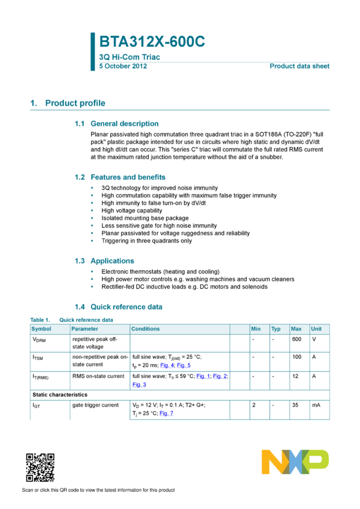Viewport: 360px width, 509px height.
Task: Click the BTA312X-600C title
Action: [x=152, y=41]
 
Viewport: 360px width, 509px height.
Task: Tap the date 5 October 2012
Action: [x=123, y=66]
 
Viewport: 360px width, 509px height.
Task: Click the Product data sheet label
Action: [x=300, y=66]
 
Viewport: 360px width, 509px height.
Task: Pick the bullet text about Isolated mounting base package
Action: [x=145, y=218]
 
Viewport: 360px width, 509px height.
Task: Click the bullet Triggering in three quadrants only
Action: [x=146, y=241]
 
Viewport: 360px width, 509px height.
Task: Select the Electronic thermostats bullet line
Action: [x=161, y=272]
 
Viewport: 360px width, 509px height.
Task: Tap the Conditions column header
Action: [x=146, y=329]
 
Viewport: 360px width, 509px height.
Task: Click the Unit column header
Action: [x=316, y=329]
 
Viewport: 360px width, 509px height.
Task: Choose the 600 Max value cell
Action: [x=297, y=339]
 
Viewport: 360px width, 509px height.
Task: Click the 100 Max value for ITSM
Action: [x=297, y=357]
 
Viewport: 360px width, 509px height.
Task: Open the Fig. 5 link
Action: [x=184, y=365]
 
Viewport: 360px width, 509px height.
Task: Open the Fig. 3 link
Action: [x=139, y=384]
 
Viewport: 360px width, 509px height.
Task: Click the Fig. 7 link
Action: [x=166, y=413]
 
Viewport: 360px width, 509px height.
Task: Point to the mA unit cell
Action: [x=316, y=405]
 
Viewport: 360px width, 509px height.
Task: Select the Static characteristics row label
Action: [x=60, y=395]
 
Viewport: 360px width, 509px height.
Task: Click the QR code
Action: [x=40, y=468]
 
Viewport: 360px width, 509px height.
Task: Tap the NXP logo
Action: [x=295, y=462]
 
